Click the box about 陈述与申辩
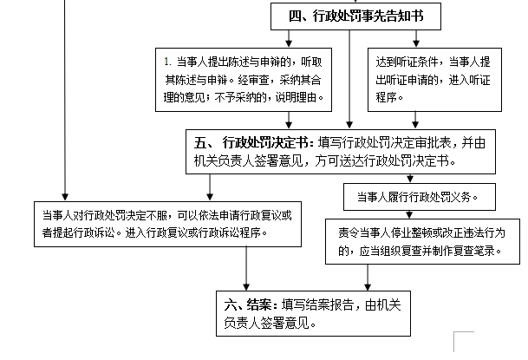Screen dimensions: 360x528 [245, 81]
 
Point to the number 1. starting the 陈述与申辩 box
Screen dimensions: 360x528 [169, 62]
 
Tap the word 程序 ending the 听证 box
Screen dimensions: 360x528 [390, 99]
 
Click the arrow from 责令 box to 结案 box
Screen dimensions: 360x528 [370, 276]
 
